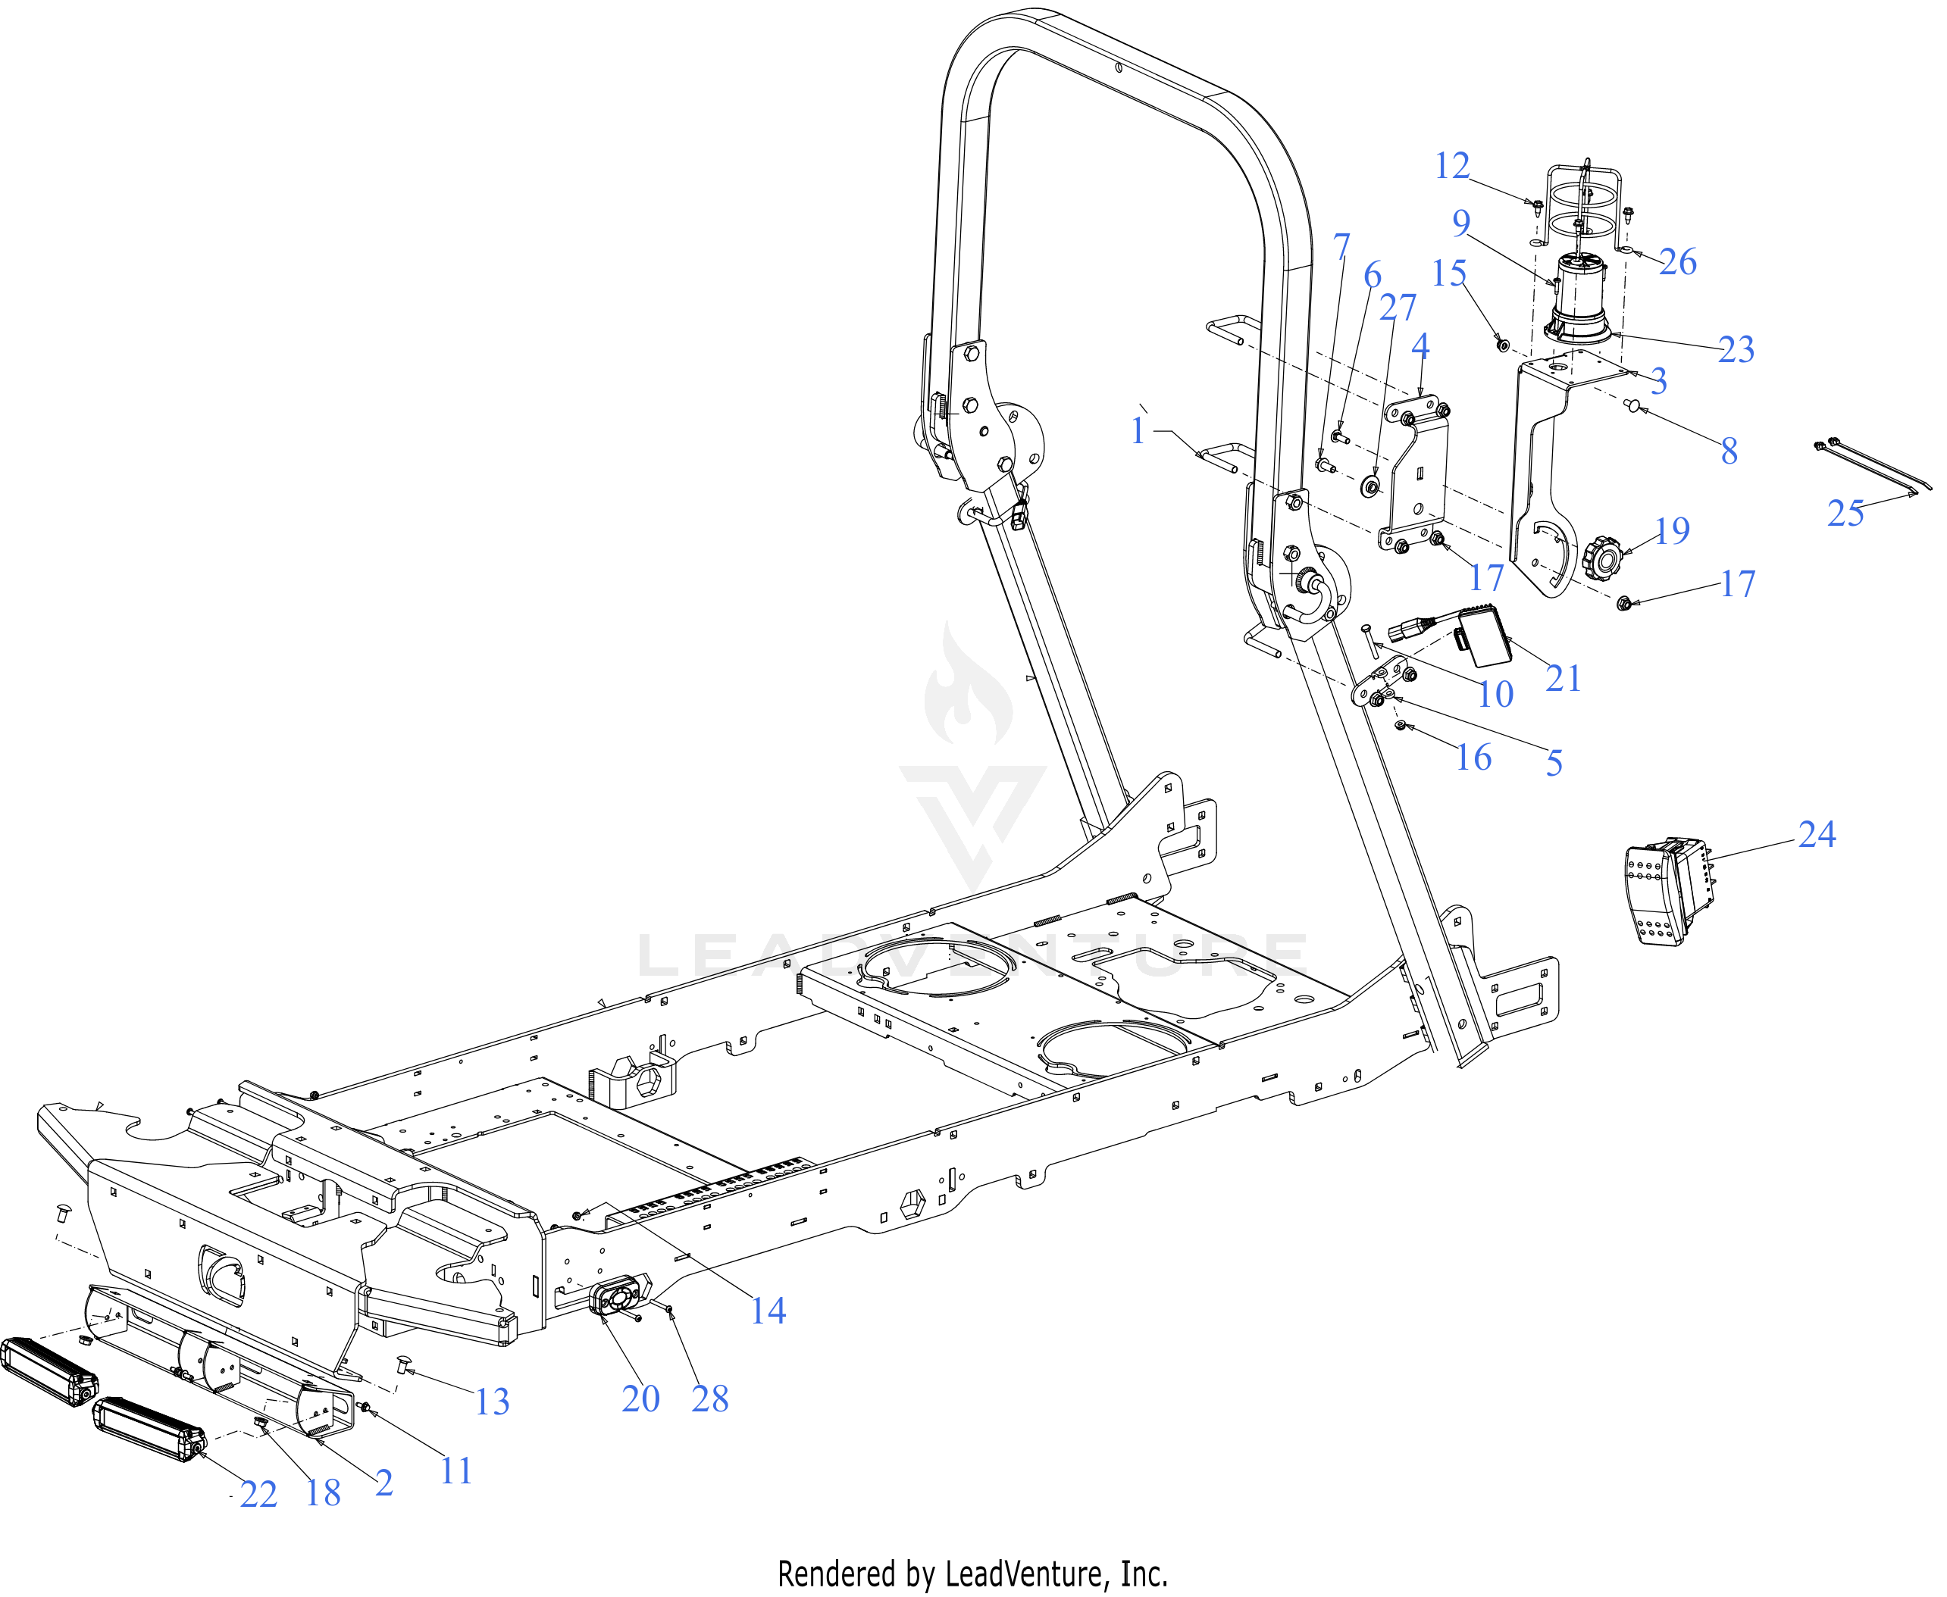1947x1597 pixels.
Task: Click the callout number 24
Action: click(x=1817, y=834)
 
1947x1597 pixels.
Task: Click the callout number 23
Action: click(x=1736, y=349)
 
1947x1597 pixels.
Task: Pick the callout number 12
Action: click(x=1452, y=166)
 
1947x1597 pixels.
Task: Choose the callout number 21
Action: click(x=1564, y=678)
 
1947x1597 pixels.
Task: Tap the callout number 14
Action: click(x=768, y=1310)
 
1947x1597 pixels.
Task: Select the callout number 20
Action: click(x=640, y=1399)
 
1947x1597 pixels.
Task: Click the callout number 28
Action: click(x=709, y=1399)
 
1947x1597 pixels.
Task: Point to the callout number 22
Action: click(x=258, y=1495)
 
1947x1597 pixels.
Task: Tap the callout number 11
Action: click(x=455, y=1471)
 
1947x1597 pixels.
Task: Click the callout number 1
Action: click(x=1138, y=430)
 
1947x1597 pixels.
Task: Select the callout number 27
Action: click(x=1397, y=308)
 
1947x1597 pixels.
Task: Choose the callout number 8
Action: click(x=1729, y=450)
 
